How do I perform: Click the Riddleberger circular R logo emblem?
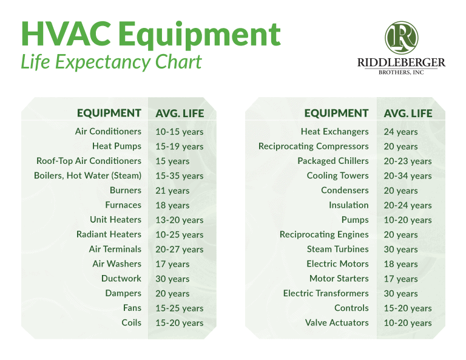(x=401, y=38)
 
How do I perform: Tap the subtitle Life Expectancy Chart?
(x=111, y=62)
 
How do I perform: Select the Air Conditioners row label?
(x=108, y=131)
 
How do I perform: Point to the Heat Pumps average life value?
(x=179, y=146)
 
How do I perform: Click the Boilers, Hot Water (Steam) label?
(x=87, y=175)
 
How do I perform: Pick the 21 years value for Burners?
(x=172, y=191)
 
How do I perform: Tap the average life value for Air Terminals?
(x=179, y=250)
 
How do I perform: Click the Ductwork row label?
(x=121, y=279)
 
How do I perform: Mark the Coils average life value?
(x=179, y=323)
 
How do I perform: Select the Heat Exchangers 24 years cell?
(x=400, y=132)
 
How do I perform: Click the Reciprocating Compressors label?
(x=313, y=146)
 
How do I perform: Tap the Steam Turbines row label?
(x=337, y=250)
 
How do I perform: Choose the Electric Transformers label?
(x=325, y=293)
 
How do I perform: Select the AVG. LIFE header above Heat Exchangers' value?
(x=408, y=114)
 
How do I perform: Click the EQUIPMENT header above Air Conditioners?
(x=109, y=113)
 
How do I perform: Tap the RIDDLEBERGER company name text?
(x=401, y=63)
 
